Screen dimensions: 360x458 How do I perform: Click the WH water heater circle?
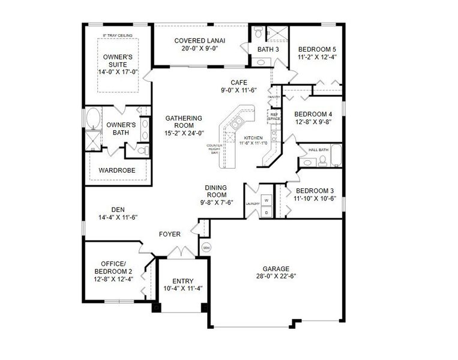point(206,247)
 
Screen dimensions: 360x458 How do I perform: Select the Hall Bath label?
point(318,149)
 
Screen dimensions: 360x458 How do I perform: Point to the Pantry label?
point(274,97)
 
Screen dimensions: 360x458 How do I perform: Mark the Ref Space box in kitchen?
point(274,116)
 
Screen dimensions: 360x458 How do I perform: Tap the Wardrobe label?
point(117,170)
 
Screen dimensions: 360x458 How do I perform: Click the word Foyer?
point(170,233)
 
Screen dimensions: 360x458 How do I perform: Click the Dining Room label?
point(215,191)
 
